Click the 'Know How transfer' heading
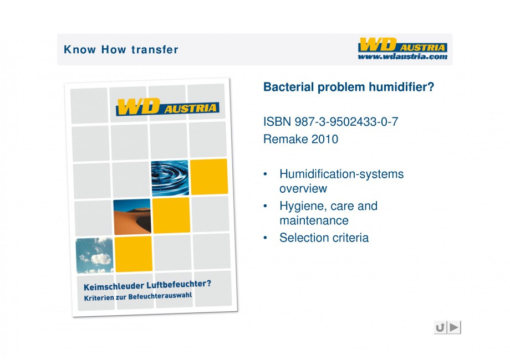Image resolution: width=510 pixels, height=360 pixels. (121, 50)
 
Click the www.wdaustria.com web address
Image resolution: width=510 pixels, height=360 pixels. (402, 56)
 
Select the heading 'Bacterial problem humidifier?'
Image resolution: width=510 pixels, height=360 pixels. (349, 87)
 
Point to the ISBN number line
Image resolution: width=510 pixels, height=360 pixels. (330, 122)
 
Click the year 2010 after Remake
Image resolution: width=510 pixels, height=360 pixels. (325, 139)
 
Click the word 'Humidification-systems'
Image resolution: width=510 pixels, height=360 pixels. (341, 174)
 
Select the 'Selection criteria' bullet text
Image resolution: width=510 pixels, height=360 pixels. (324, 238)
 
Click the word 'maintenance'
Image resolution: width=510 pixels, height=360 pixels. (314, 220)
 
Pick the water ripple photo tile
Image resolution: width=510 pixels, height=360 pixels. (170, 178)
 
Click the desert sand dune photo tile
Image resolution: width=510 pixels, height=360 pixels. (132, 217)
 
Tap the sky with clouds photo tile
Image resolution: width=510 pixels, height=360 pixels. (95, 255)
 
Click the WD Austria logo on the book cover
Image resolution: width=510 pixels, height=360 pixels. (167, 107)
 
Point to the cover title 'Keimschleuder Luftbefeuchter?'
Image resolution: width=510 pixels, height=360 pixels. (147, 285)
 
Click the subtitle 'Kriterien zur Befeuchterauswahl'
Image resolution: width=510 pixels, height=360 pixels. (138, 297)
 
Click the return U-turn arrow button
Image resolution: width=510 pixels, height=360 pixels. (440, 327)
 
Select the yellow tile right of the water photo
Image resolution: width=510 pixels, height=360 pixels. (209, 177)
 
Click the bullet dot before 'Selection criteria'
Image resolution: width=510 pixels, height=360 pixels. (266, 238)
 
